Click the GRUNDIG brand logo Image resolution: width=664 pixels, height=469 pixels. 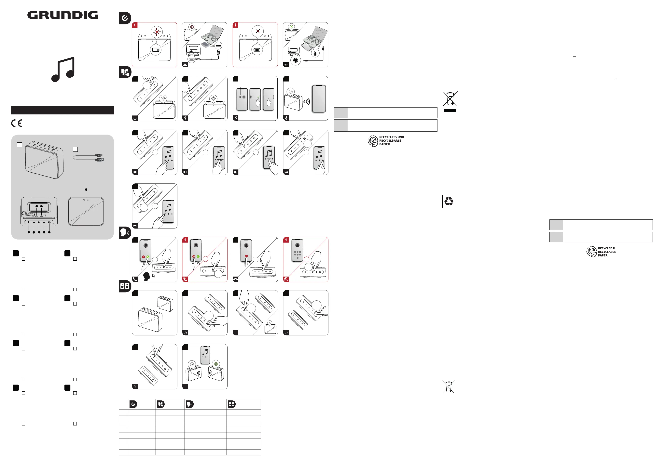pos(63,15)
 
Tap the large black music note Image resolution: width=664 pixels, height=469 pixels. pos(63,69)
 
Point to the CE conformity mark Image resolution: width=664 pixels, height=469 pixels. pos(17,123)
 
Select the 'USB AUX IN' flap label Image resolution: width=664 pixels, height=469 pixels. pos(29,214)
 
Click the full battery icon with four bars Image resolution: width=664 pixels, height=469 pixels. pos(256,50)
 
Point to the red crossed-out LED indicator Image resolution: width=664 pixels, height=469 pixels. pos(257,31)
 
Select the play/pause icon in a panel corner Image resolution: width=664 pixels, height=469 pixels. pos(135,172)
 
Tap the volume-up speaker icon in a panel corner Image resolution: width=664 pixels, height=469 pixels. pos(185,172)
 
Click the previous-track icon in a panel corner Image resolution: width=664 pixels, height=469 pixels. pos(135,226)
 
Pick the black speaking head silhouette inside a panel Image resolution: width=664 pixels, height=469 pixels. pos(147,276)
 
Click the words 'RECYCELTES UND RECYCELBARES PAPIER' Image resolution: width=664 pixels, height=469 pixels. pos(391,141)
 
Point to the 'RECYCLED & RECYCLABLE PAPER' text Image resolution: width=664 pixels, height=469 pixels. pos(607,252)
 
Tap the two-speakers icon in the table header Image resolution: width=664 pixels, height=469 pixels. pos(232,404)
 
